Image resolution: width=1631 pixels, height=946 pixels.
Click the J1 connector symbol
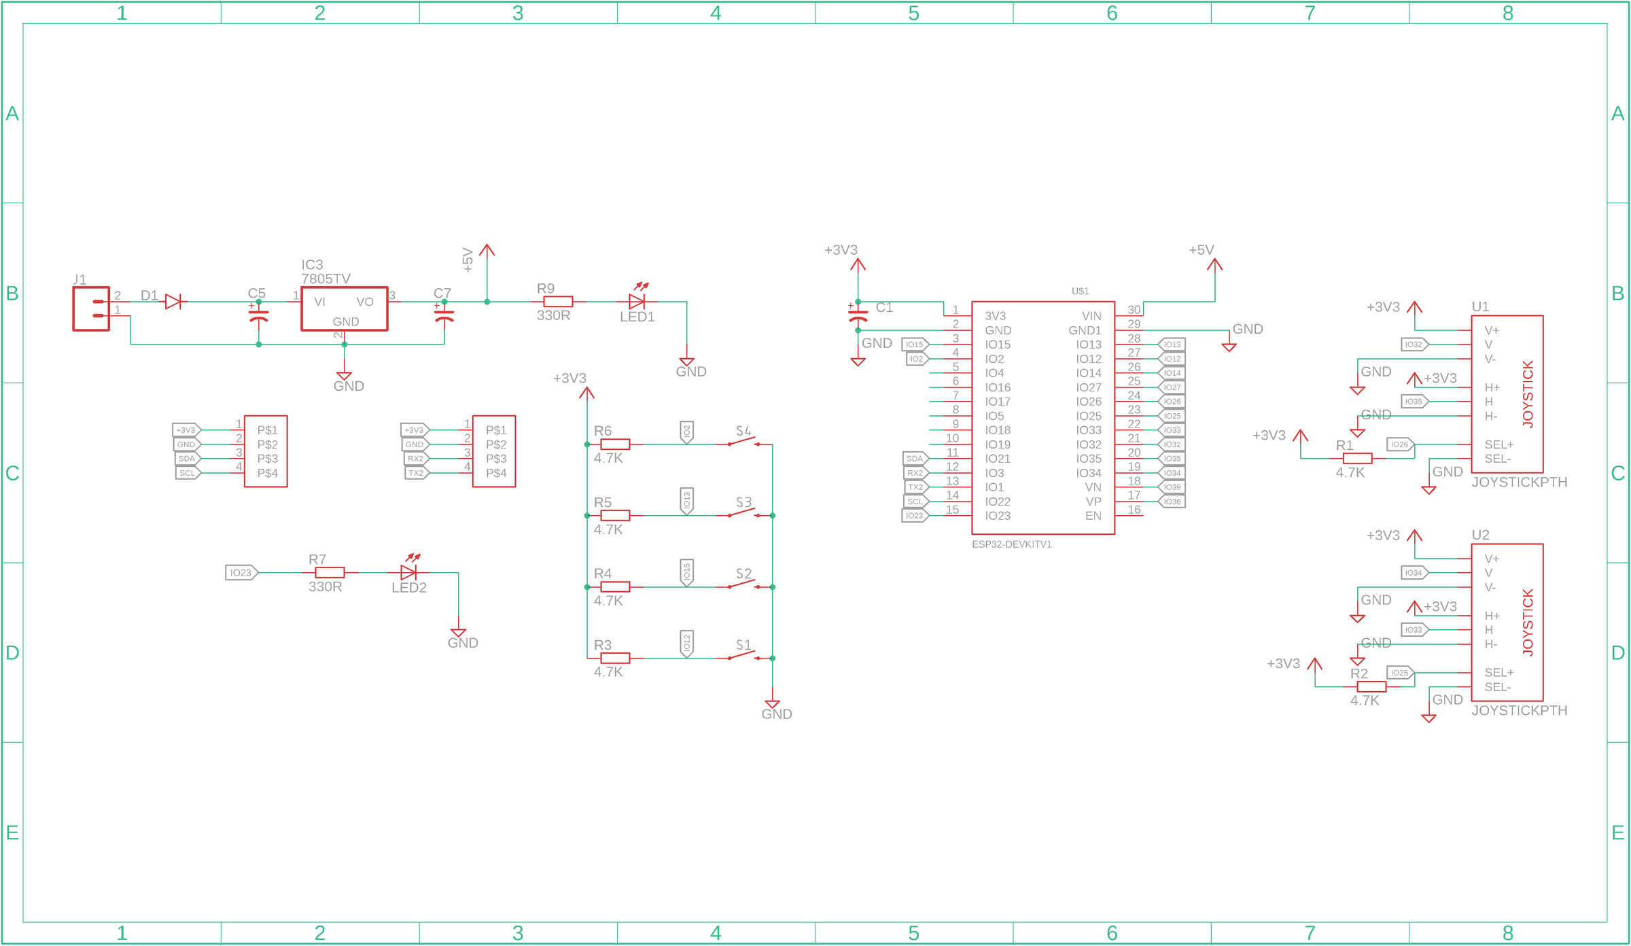[91, 309]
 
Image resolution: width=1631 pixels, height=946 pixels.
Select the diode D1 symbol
[173, 301]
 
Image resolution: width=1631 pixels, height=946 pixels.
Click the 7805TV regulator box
[344, 309]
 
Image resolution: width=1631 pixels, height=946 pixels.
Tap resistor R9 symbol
[558, 301]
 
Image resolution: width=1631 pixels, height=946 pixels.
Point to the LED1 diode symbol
[637, 301]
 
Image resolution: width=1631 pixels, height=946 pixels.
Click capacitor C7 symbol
[444, 316]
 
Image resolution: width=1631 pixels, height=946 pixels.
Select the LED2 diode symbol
[408, 572]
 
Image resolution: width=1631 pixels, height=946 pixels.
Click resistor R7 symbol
[330, 572]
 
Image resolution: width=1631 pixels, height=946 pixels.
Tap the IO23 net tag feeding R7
[241, 572]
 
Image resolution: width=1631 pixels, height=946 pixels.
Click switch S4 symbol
[743, 442]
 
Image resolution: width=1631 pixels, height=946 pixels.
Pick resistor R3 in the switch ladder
[615, 657]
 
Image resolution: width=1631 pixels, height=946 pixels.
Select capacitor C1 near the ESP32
[858, 316]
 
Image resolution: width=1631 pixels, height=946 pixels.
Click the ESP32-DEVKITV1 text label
[1011, 544]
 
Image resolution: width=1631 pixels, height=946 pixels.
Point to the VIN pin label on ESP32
[1091, 316]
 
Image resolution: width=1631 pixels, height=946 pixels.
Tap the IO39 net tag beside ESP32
[1172, 487]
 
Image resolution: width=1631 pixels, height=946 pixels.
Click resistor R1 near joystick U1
[1357, 459]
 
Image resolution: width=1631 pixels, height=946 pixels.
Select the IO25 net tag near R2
[1399, 673]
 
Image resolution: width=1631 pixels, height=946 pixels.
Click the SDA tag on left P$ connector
[187, 459]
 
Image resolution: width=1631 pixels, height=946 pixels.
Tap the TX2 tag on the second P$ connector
[416, 473]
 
